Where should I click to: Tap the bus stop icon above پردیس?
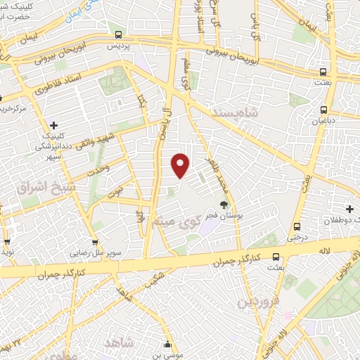[117, 34]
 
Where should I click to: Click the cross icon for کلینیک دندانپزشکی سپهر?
[53, 125]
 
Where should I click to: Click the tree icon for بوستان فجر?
[224, 205]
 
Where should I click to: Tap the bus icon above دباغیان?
[324, 110]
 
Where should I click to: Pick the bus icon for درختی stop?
[298, 226]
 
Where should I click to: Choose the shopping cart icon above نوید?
[7, 241]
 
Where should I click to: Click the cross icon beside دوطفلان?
[350, 209]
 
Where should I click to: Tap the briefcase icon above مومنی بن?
[167, 345]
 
